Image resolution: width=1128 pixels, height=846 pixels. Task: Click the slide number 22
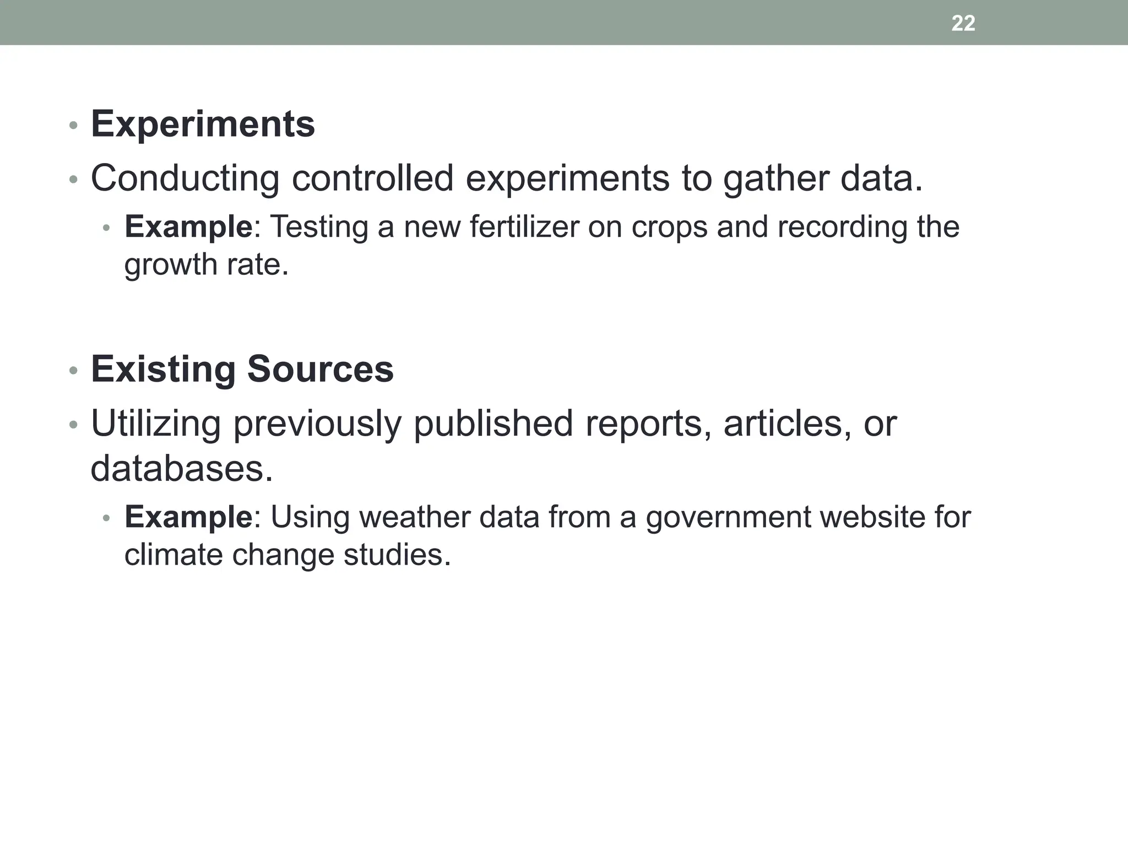(x=963, y=23)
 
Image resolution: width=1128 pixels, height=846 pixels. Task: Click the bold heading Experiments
(x=203, y=124)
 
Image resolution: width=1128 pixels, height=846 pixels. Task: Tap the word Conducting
(x=185, y=179)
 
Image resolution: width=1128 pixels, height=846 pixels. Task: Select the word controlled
(x=372, y=179)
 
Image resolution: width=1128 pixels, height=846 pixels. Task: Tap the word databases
(x=182, y=469)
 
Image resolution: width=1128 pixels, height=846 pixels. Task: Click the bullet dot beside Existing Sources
(x=73, y=371)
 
